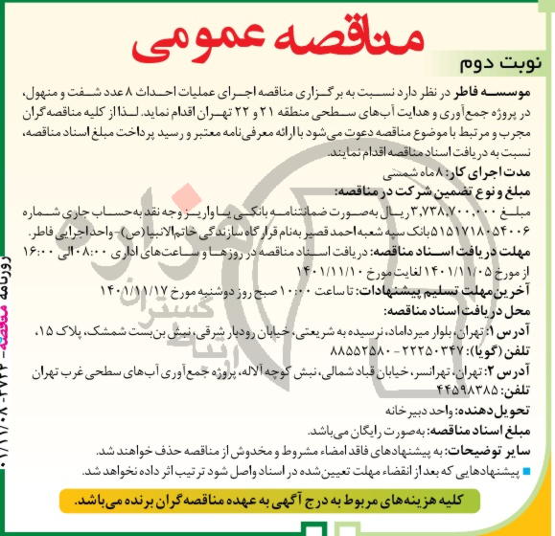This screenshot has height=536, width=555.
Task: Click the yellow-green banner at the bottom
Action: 288,500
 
